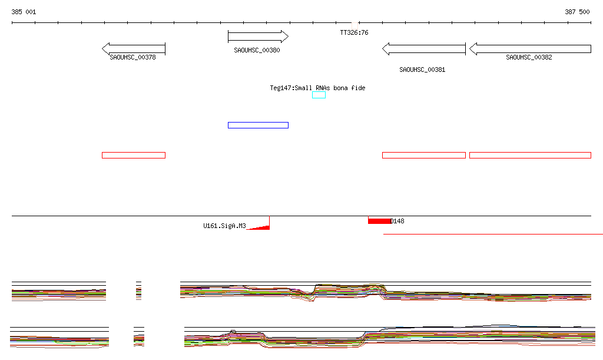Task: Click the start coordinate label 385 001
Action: point(24,12)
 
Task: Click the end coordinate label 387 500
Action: point(577,12)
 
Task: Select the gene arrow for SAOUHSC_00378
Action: point(134,48)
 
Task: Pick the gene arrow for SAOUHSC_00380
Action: point(258,37)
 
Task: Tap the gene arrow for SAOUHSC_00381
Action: point(424,49)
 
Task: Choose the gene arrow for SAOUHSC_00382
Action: point(530,49)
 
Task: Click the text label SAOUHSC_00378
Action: point(132,58)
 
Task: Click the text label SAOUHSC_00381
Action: point(422,70)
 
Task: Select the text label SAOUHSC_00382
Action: point(529,58)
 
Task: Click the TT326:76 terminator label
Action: point(354,33)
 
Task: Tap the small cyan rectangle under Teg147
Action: point(319,95)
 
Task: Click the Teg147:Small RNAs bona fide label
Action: point(317,88)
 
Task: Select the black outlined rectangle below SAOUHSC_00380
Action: point(258,125)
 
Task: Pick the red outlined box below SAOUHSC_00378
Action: point(134,155)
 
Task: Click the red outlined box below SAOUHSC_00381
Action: point(424,155)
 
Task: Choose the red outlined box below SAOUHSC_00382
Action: point(530,155)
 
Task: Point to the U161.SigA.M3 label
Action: point(224,226)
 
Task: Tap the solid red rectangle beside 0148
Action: point(379,221)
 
